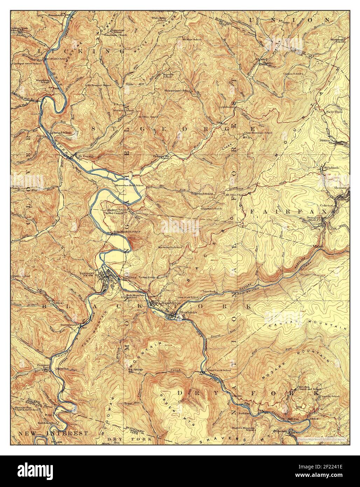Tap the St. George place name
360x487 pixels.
pyautogui.click(x=86, y=156)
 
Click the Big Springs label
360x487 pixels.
pyautogui.click(x=134, y=369)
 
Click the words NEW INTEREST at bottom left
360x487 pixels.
pyautogui.click(x=53, y=433)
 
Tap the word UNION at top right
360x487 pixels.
pyautogui.click(x=309, y=20)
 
